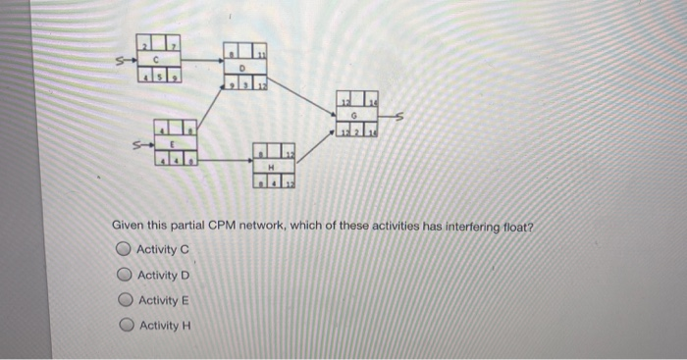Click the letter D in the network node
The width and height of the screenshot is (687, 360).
tap(242, 68)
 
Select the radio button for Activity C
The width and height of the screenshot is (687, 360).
tap(124, 249)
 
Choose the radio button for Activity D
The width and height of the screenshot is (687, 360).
tap(124, 275)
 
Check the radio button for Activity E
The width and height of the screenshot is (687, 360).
tap(124, 300)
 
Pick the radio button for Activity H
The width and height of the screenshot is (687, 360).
tap(124, 326)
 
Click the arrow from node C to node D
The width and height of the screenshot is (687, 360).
tap(201, 60)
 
